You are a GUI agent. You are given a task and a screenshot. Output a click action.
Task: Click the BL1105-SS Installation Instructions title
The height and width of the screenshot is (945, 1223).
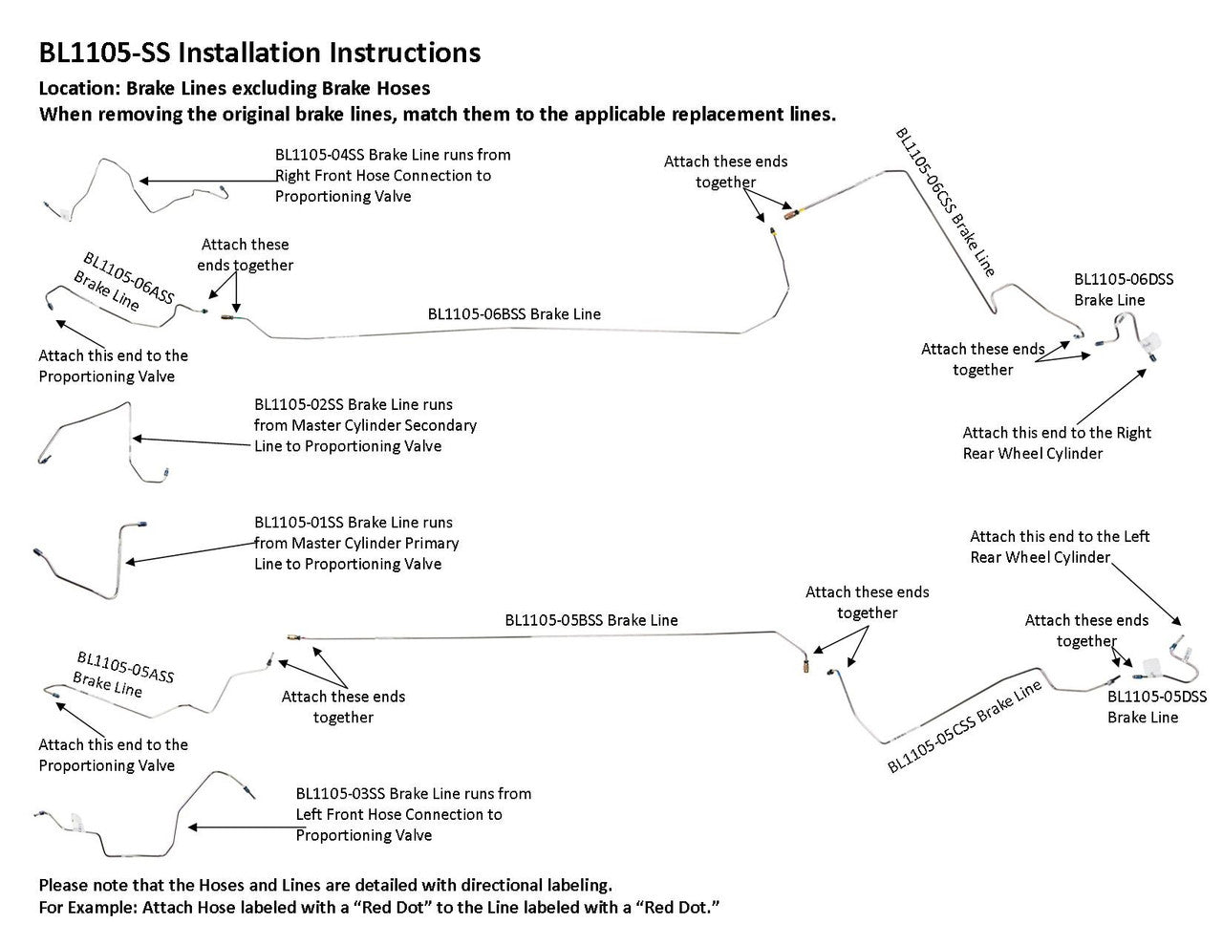point(259,53)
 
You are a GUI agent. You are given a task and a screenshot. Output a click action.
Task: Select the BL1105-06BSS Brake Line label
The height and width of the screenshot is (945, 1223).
point(514,313)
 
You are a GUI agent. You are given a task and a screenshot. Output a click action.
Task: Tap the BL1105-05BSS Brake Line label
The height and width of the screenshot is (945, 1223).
point(590,620)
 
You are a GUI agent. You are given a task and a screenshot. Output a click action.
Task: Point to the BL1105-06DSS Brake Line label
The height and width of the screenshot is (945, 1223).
point(1123,290)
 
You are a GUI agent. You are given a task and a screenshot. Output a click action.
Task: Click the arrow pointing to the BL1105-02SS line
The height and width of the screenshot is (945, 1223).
point(191,439)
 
